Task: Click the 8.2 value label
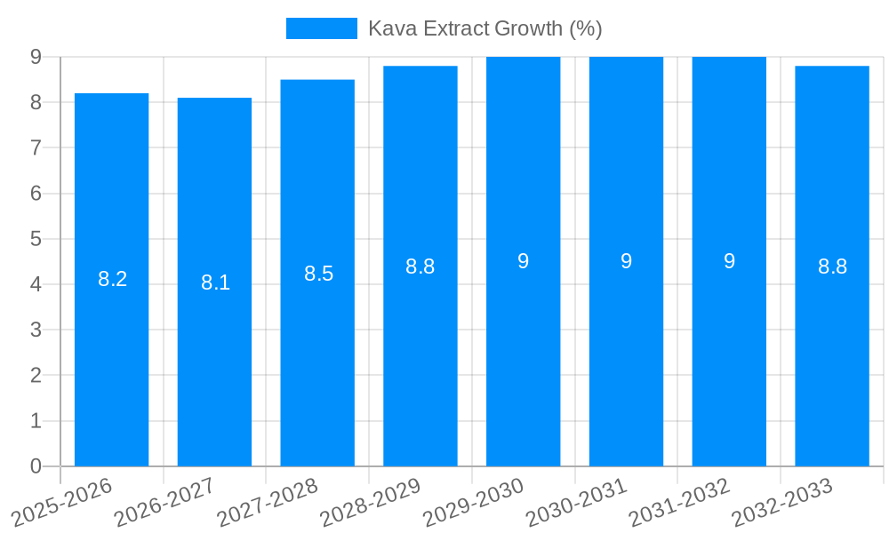[x=113, y=279]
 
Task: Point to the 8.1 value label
[x=215, y=282]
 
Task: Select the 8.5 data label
[x=318, y=274]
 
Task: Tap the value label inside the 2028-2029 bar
[x=420, y=266]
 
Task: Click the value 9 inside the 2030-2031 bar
[x=626, y=261]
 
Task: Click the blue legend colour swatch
[x=321, y=28]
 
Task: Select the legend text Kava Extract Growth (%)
[x=485, y=28]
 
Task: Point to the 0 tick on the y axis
[x=36, y=466]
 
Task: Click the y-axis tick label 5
[x=36, y=239]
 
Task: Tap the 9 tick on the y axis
[x=36, y=57]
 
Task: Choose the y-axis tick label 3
[x=36, y=330]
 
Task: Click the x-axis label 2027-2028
[x=268, y=502]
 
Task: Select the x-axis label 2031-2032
[x=679, y=502]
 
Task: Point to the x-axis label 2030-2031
[x=577, y=502]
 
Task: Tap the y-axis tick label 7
[x=36, y=147]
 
